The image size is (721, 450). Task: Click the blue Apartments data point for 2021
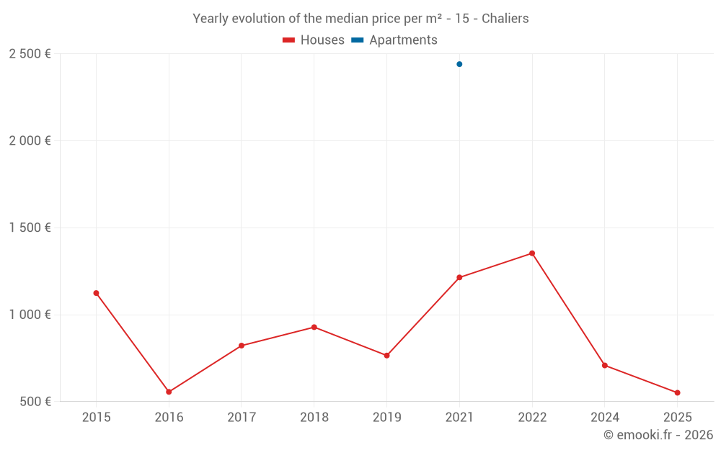coord(459,64)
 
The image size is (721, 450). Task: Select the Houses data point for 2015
coord(96,293)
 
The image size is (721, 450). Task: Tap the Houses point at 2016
coord(169,392)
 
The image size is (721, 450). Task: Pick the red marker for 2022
coord(532,253)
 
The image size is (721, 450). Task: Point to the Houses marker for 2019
coord(386,356)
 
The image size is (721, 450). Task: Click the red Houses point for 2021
coord(459,277)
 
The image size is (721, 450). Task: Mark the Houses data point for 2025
coord(677,392)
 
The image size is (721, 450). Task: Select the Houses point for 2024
coord(604,365)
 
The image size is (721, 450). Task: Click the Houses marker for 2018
coord(314,327)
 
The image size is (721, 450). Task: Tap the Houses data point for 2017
coord(242,346)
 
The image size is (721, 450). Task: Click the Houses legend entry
coord(314,40)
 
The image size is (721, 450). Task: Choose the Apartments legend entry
coord(394,40)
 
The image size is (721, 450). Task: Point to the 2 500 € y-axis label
coord(30,54)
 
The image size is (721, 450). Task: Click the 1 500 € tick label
coord(30,228)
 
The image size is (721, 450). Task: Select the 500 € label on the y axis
coord(35,401)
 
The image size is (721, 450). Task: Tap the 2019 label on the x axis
coord(386,418)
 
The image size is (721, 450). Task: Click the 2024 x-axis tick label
coord(604,418)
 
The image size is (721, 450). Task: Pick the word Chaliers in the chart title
coord(505,19)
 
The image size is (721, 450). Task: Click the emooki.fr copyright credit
coord(658,435)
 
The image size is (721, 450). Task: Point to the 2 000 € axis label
coord(30,141)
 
